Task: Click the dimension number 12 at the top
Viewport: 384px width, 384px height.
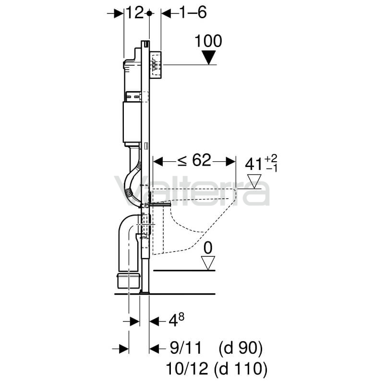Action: [134, 13]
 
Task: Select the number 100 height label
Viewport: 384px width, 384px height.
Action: [208, 41]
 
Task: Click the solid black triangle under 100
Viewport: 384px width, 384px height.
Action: [208, 57]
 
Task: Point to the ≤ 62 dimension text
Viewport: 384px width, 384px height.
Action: [194, 161]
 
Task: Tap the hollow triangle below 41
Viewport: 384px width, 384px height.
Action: [254, 181]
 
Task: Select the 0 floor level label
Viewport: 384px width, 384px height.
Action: [208, 248]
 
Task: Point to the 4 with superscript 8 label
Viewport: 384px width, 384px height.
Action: [176, 320]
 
